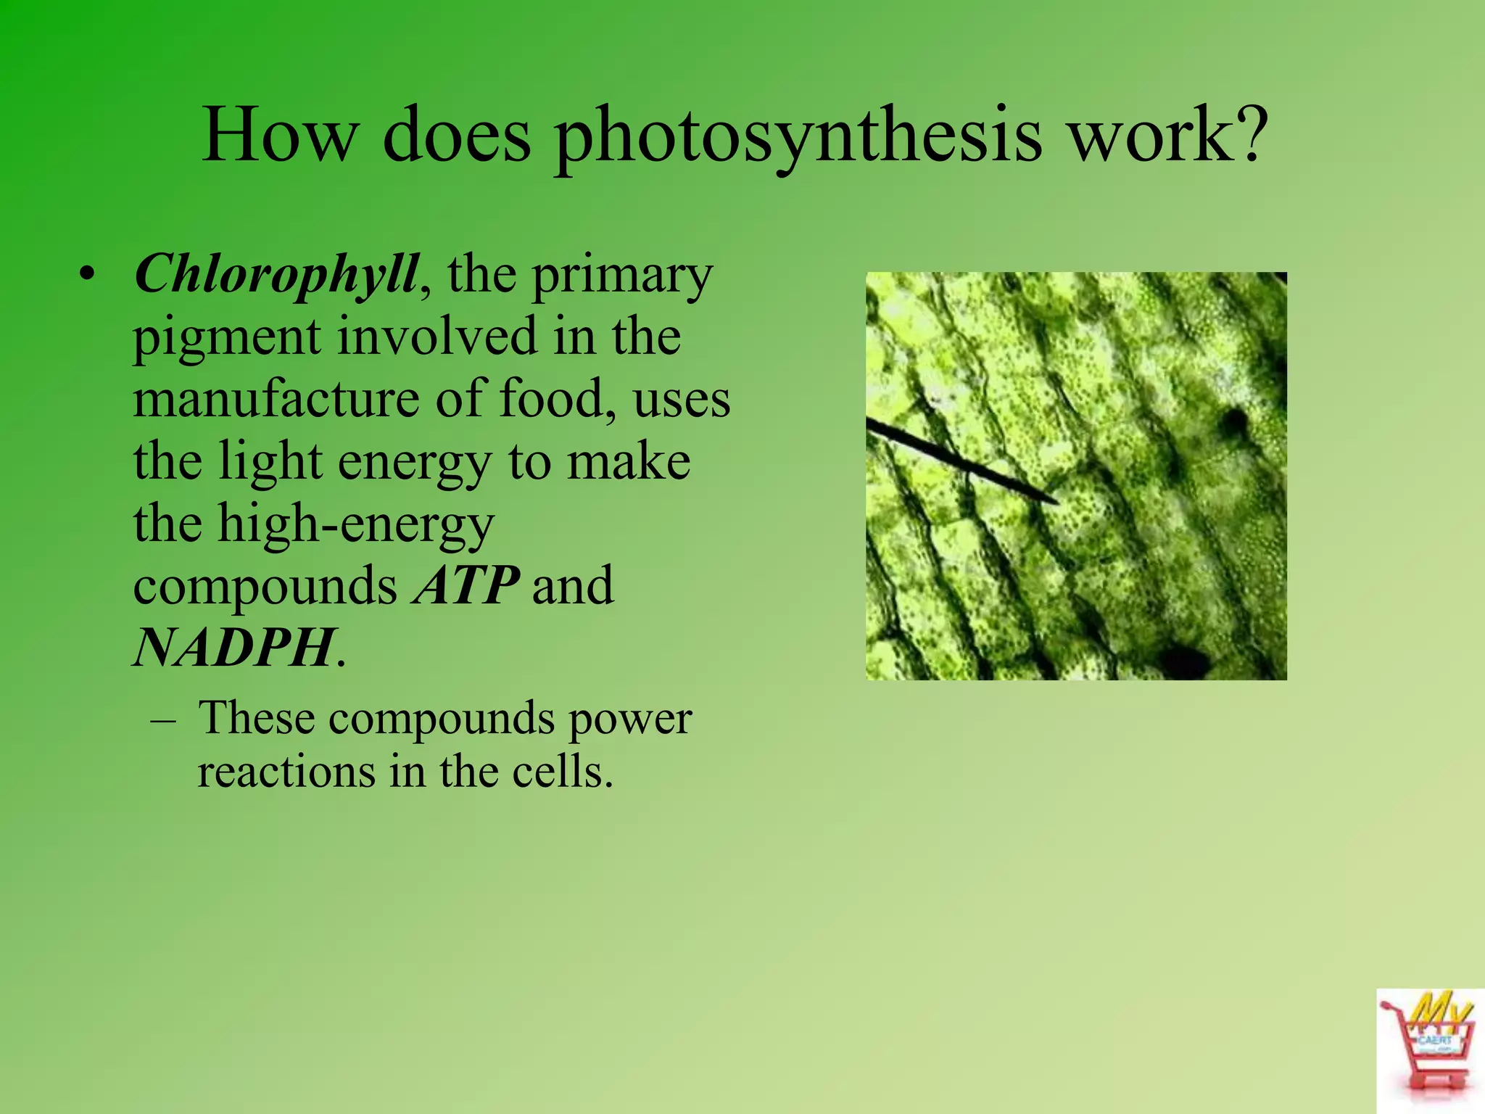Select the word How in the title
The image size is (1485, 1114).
point(279,136)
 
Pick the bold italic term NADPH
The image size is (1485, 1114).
point(234,648)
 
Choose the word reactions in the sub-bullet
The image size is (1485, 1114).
point(285,771)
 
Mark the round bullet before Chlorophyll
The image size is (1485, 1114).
point(88,276)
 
